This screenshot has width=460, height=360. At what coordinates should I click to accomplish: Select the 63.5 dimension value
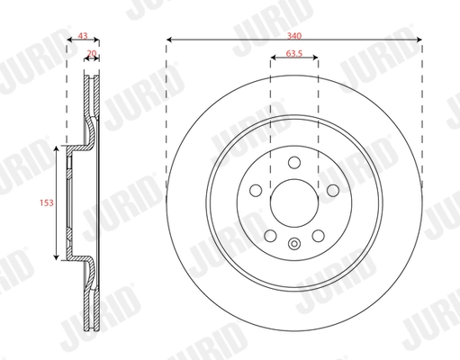coord(294,54)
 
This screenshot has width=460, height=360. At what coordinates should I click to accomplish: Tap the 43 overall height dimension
coord(84,36)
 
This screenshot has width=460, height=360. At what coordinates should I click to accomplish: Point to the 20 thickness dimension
coord(92,54)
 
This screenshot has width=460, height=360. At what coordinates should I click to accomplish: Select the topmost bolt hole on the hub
coord(294,163)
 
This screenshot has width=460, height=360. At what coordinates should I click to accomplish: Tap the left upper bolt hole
coord(256,191)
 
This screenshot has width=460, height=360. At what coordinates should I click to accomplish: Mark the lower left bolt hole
coord(270,236)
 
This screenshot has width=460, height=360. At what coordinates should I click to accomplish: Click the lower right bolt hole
coord(318,236)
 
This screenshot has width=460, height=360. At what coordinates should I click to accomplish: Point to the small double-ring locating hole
coord(294,243)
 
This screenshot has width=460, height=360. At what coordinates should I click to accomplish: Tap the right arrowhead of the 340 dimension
coord(419,40)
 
